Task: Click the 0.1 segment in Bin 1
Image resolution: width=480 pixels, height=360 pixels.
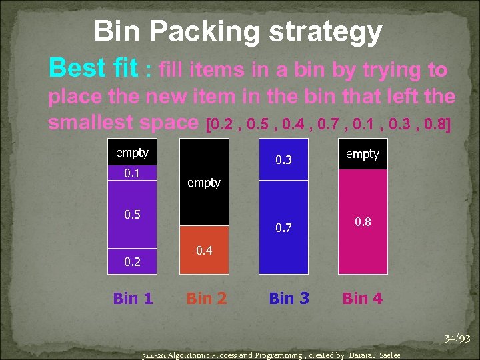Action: tap(133, 173)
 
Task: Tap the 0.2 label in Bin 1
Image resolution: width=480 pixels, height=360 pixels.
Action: tap(133, 262)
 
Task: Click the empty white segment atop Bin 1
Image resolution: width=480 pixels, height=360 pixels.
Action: tap(133, 153)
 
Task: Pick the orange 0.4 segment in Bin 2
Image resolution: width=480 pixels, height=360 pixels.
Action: tap(204, 250)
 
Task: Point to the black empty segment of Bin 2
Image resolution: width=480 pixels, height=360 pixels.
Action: tap(204, 182)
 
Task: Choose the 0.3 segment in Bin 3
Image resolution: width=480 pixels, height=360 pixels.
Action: tap(283, 159)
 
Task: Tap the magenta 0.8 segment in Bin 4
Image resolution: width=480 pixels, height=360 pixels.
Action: tap(363, 221)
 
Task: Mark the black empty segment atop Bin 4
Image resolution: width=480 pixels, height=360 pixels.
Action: tap(363, 154)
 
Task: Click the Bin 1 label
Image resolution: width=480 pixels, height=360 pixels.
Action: tap(133, 298)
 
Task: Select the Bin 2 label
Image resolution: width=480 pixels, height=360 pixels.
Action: tap(207, 298)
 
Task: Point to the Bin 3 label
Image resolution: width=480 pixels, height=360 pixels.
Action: tap(289, 298)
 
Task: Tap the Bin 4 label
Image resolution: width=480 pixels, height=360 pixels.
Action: tap(363, 298)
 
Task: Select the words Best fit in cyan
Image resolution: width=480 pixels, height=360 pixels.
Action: tap(93, 68)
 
